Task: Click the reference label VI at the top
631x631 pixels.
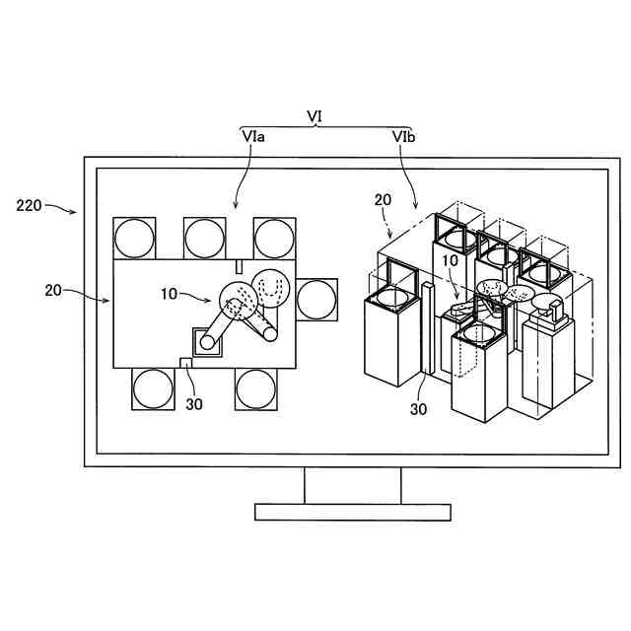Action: click(x=315, y=115)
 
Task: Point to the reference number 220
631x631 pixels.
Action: click(x=29, y=206)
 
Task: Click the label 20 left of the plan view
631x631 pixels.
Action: click(x=55, y=290)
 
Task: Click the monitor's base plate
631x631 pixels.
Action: click(x=352, y=512)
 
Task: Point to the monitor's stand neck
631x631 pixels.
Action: click(x=352, y=484)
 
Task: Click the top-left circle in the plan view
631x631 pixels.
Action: click(x=134, y=237)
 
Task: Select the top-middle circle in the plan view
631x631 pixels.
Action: click(x=204, y=237)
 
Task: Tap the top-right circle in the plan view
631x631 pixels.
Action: click(x=274, y=237)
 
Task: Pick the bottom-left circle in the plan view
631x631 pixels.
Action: click(x=153, y=388)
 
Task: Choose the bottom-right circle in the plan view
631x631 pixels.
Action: click(x=256, y=388)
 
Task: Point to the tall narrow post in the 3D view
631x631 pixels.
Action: click(x=427, y=325)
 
